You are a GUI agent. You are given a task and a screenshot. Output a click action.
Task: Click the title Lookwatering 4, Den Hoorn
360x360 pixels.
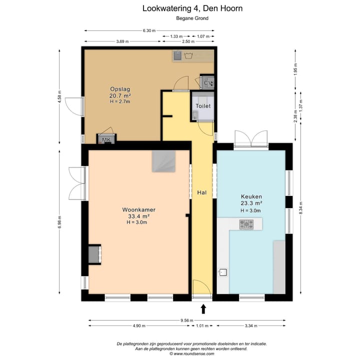tap(192, 8)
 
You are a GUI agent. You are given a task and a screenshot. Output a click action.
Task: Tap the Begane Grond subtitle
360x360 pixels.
tap(192, 18)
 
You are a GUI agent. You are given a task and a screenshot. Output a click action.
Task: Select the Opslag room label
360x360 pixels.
tap(120, 89)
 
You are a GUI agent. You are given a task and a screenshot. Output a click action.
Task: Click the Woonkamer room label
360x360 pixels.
tap(138, 209)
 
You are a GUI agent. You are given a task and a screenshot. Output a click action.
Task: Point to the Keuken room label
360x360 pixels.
tap(251, 196)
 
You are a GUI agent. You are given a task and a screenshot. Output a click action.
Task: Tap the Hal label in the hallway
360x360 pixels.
tap(202, 192)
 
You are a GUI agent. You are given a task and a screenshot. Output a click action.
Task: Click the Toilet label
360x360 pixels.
tap(203, 106)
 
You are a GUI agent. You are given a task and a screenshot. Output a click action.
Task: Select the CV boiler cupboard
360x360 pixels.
tap(207, 82)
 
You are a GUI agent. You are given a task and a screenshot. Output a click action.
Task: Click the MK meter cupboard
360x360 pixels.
tap(106, 139)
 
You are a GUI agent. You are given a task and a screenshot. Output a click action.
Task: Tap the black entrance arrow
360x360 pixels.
tap(203, 309)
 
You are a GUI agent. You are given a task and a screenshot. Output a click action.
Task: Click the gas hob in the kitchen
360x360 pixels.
tap(246, 224)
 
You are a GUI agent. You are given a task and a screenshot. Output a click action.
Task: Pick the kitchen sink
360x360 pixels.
tap(223, 272)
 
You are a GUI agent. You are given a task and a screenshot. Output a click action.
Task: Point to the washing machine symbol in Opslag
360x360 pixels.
tap(188, 55)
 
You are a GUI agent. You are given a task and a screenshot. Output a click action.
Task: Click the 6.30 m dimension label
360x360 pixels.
tap(149, 30)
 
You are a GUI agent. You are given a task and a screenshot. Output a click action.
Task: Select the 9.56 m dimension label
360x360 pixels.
tap(187, 320)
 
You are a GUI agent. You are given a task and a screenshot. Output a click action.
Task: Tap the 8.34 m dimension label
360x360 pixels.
tap(301, 208)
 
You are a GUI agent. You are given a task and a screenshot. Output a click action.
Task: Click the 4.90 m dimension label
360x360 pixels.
tap(139, 326)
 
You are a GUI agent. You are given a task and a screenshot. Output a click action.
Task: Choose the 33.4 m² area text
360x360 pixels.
tap(139, 216)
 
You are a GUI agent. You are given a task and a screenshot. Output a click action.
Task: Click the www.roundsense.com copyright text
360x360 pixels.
tap(192, 354)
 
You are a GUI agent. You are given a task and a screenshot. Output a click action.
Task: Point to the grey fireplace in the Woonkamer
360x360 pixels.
tap(94, 254)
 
